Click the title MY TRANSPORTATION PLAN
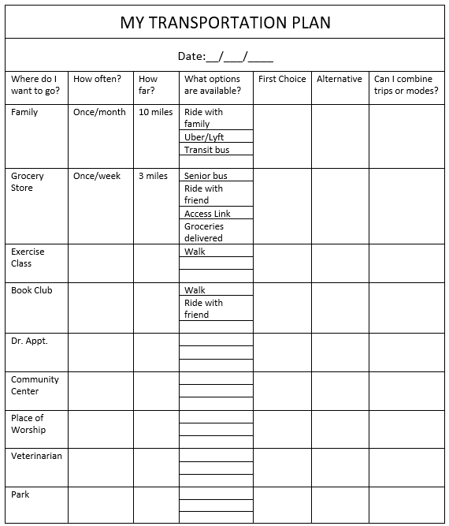[224, 22]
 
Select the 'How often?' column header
[97, 79]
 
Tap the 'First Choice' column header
[282, 79]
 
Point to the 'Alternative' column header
[340, 79]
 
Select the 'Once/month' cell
[99, 112]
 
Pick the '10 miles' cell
[155, 112]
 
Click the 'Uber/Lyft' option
[204, 137]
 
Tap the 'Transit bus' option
[206, 150]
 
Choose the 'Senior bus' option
[206, 176]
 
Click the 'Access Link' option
[207, 214]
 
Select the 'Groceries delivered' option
[204, 232]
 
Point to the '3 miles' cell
[153, 176]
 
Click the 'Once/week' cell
[97, 176]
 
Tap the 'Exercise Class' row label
[28, 257]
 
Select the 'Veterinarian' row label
[36, 456]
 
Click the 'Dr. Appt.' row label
[29, 341]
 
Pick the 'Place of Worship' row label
[28, 423]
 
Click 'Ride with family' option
[203, 118]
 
